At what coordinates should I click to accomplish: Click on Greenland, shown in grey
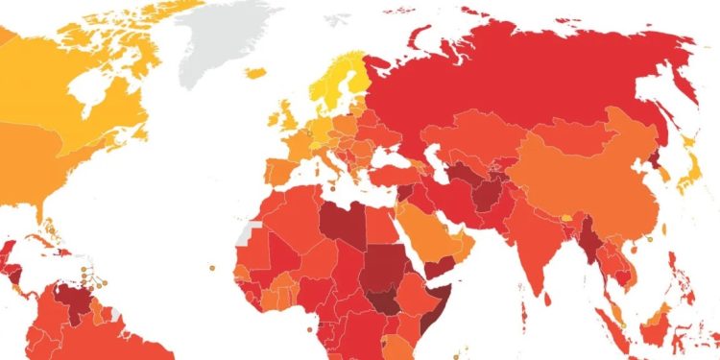[226, 38]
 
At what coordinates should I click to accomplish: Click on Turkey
[394, 176]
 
